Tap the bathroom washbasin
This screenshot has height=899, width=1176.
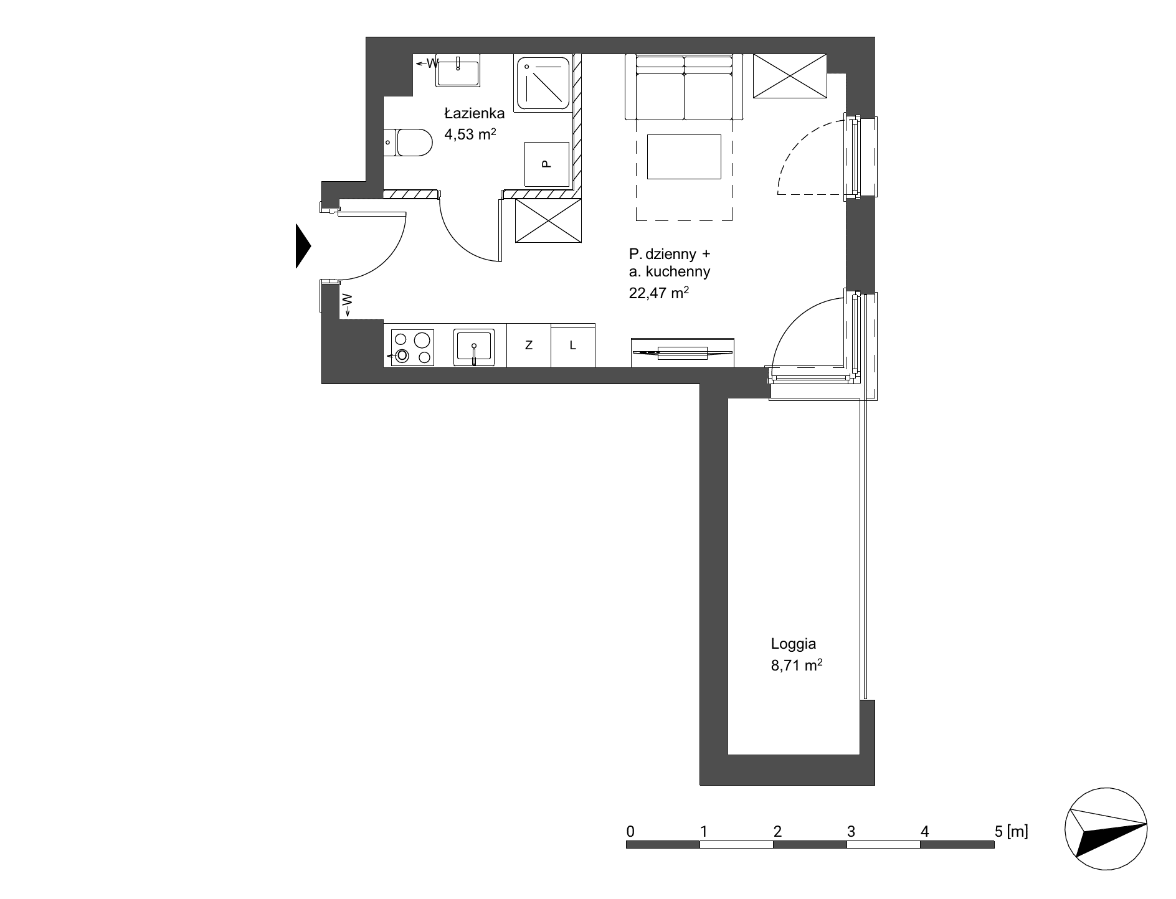(458, 70)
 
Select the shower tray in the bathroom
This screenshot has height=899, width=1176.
(543, 83)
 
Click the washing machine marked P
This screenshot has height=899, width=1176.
(547, 164)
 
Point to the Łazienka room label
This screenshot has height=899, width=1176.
(474, 113)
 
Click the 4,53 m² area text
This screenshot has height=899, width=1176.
(470, 133)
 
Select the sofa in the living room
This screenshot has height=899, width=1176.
(684, 87)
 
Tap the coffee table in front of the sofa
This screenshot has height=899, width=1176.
(684, 156)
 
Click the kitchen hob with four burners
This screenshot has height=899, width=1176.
(412, 347)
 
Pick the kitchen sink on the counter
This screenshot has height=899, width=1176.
(474, 347)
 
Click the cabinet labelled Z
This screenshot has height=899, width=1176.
(529, 345)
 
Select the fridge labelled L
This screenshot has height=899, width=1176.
(573, 345)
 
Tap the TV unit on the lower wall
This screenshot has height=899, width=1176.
(683, 352)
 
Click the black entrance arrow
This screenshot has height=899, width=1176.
(303, 247)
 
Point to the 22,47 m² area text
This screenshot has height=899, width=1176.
(659, 293)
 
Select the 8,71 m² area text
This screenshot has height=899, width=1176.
(797, 666)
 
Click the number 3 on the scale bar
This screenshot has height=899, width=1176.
(851, 831)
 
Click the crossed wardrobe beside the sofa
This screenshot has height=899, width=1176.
(790, 76)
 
